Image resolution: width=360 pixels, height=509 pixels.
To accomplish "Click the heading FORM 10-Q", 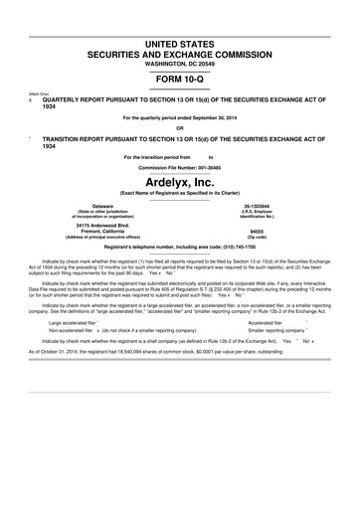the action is pyautogui.click(x=180, y=77).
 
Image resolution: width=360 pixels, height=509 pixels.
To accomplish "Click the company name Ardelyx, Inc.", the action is pyautogui.click(x=180, y=182).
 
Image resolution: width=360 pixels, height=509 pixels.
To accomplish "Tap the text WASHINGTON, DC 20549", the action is pyautogui.click(x=180, y=62).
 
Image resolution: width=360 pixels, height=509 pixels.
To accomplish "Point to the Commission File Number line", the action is pyautogui.click(x=180, y=167).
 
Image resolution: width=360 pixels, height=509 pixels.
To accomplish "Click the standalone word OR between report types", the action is pyautogui.click(x=180, y=127).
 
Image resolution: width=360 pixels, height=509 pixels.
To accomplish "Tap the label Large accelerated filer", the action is pyautogui.click(x=77, y=351).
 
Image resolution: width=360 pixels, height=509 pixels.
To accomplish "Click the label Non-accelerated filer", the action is pyautogui.click(x=73, y=361).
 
